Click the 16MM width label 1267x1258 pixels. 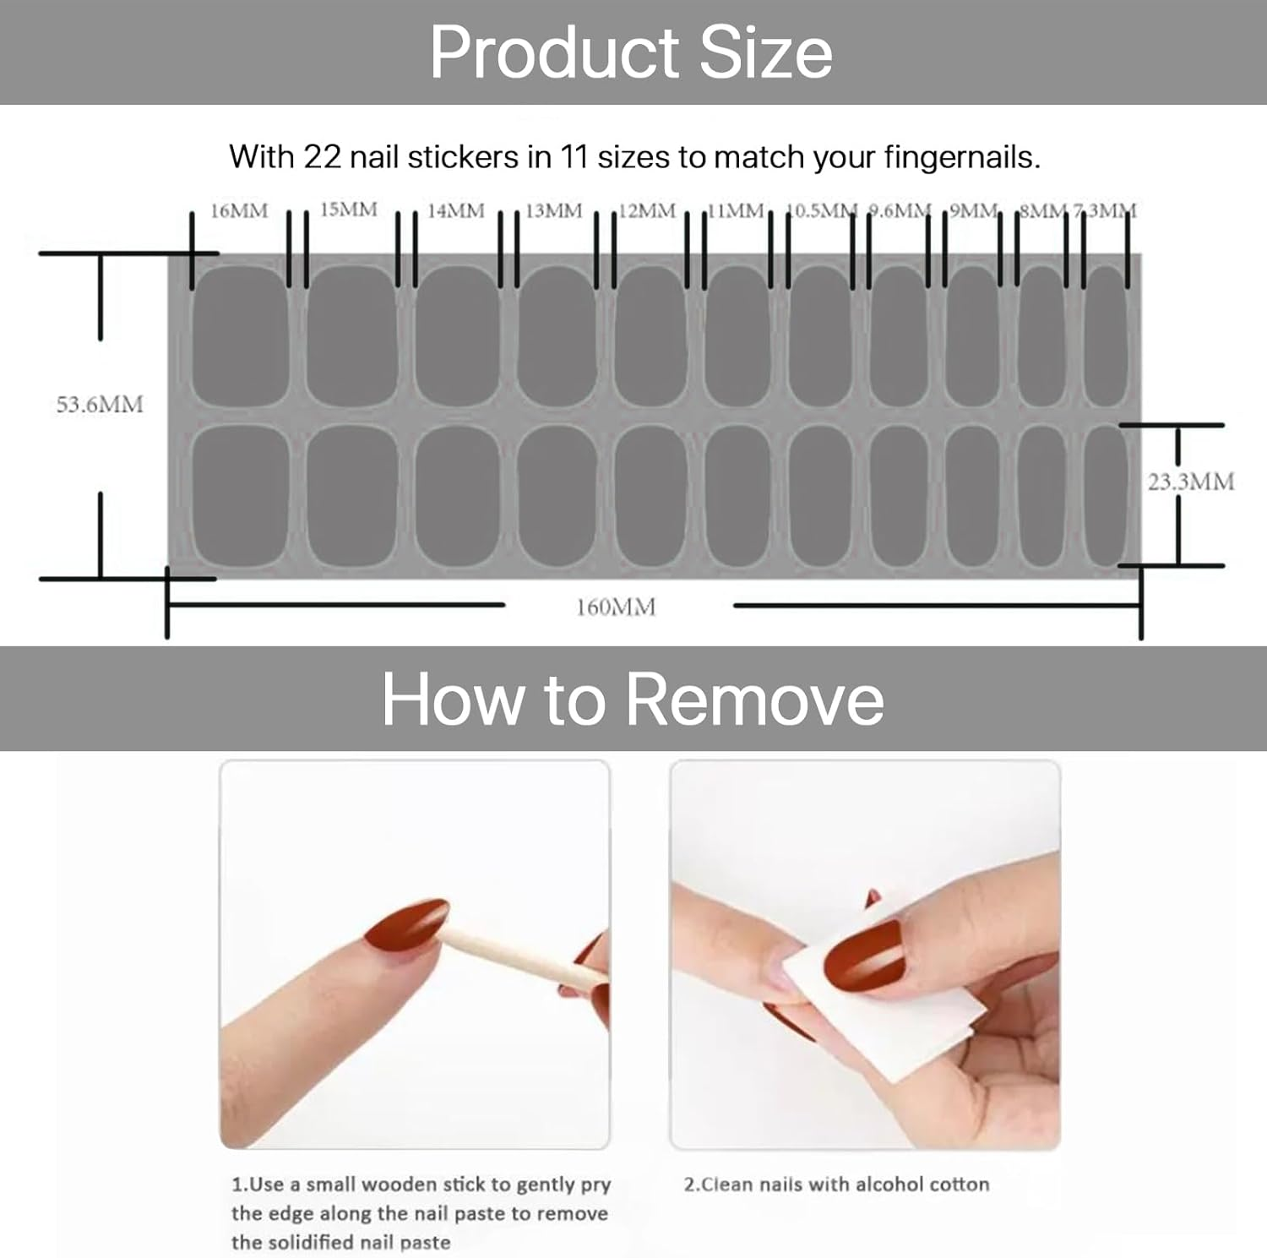point(239,210)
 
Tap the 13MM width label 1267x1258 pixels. point(554,210)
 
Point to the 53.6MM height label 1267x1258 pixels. point(100,405)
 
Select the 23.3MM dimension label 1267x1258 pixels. point(1190,482)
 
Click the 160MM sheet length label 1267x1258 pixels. point(616,607)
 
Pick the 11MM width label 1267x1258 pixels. point(735,210)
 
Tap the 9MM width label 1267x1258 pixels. point(973,210)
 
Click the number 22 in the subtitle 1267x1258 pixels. point(321,157)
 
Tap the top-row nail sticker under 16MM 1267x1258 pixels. point(240,336)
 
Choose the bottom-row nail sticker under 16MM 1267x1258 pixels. point(240,496)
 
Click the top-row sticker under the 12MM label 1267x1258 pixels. point(650,336)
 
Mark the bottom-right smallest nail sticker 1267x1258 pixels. point(1105,496)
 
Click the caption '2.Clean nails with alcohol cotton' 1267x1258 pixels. point(836,1184)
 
